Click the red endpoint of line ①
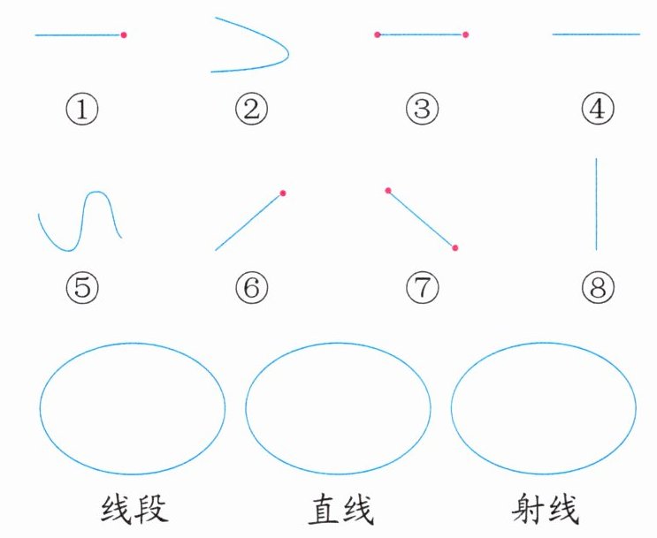124,34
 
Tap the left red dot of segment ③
377,34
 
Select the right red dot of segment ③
465,34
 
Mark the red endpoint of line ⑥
282,193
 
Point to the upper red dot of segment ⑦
388,190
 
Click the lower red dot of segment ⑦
455,248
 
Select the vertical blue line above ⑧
597,203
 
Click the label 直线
340,510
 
